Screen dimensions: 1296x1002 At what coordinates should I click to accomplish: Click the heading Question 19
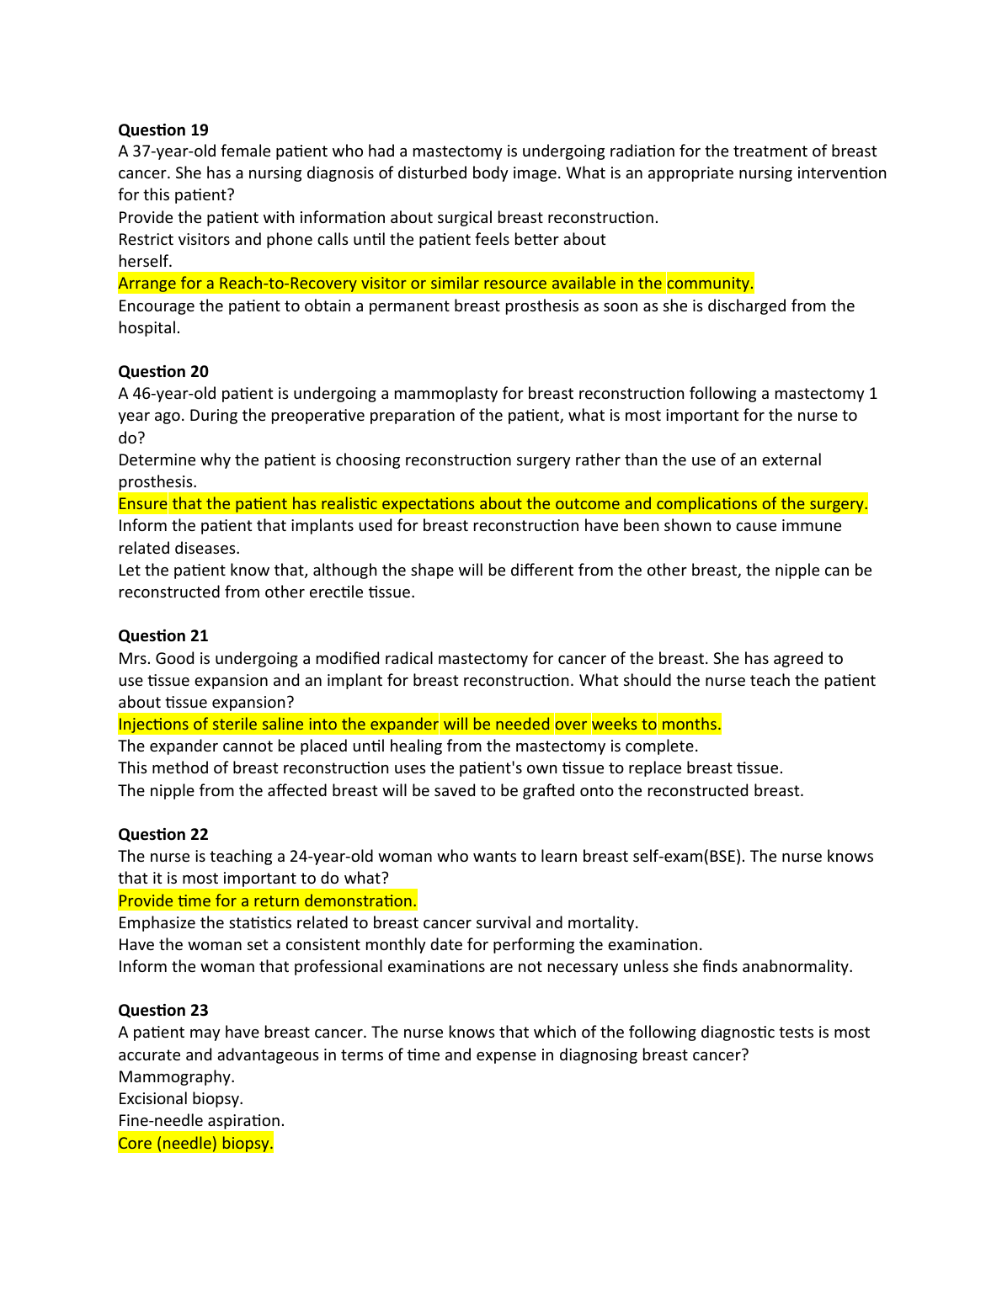163,130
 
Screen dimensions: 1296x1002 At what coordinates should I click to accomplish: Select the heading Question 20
163,371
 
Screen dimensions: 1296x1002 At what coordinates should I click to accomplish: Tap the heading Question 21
163,635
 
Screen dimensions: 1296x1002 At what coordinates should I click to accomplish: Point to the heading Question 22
163,834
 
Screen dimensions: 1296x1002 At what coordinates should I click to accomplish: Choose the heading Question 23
163,1010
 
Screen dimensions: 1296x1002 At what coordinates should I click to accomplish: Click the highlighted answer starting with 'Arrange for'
435,283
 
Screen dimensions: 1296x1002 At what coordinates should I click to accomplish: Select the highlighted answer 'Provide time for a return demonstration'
267,900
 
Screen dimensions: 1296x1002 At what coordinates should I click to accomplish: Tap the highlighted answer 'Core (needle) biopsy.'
195,1143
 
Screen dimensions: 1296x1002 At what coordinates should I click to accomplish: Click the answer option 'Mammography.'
176,1076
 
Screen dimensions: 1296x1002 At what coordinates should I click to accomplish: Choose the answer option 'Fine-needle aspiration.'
201,1120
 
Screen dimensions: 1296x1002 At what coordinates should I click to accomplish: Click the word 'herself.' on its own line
145,261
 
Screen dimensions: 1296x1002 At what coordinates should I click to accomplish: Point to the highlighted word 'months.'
691,724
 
